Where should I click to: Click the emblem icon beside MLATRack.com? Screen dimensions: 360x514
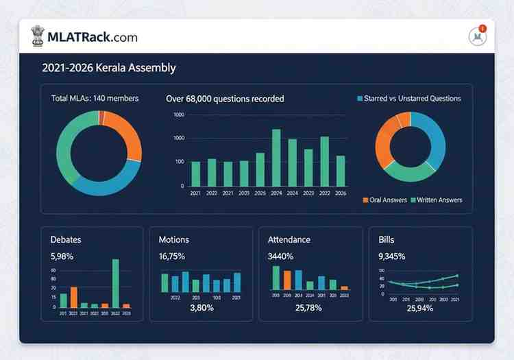tap(38, 36)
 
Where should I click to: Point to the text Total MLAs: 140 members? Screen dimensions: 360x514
tap(95, 99)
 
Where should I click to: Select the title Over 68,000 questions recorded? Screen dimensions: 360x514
tap(225, 99)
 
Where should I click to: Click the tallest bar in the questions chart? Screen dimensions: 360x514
tap(276, 157)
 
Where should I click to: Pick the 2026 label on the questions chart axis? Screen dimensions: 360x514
tap(341, 193)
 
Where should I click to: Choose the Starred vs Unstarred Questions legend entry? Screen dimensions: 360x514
tap(409, 99)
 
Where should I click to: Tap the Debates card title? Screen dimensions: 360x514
tap(66, 240)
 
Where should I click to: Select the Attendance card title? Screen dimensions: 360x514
tap(289, 240)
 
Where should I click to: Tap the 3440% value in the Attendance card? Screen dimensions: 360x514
tap(280, 256)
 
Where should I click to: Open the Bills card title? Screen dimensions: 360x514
tap(387, 240)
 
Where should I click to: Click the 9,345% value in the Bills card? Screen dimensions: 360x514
tap(391, 256)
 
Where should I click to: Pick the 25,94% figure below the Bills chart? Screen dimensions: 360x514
tap(419, 309)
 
